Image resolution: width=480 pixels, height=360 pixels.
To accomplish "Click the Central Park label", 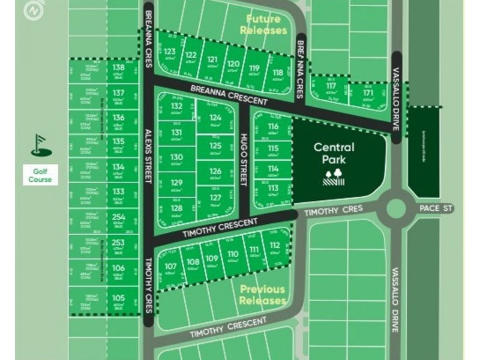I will [334, 153].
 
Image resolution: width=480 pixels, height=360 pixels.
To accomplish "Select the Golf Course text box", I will [41, 175].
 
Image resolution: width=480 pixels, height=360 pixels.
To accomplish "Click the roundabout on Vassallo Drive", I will [396, 208].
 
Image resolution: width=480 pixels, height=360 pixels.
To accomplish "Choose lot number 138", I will [119, 68].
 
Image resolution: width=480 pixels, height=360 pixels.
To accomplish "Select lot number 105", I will [119, 298].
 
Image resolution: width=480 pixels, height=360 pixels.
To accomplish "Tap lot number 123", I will [170, 52].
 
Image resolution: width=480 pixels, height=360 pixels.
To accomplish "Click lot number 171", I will [368, 93].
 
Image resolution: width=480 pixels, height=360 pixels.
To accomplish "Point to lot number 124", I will [215, 118].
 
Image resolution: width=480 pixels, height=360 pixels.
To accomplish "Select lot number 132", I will [176, 106].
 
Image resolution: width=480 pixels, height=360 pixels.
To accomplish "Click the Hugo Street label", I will [244, 160].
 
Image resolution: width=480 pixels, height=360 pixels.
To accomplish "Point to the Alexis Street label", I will [148, 153].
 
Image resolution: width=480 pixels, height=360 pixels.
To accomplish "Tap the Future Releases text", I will [263, 25].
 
